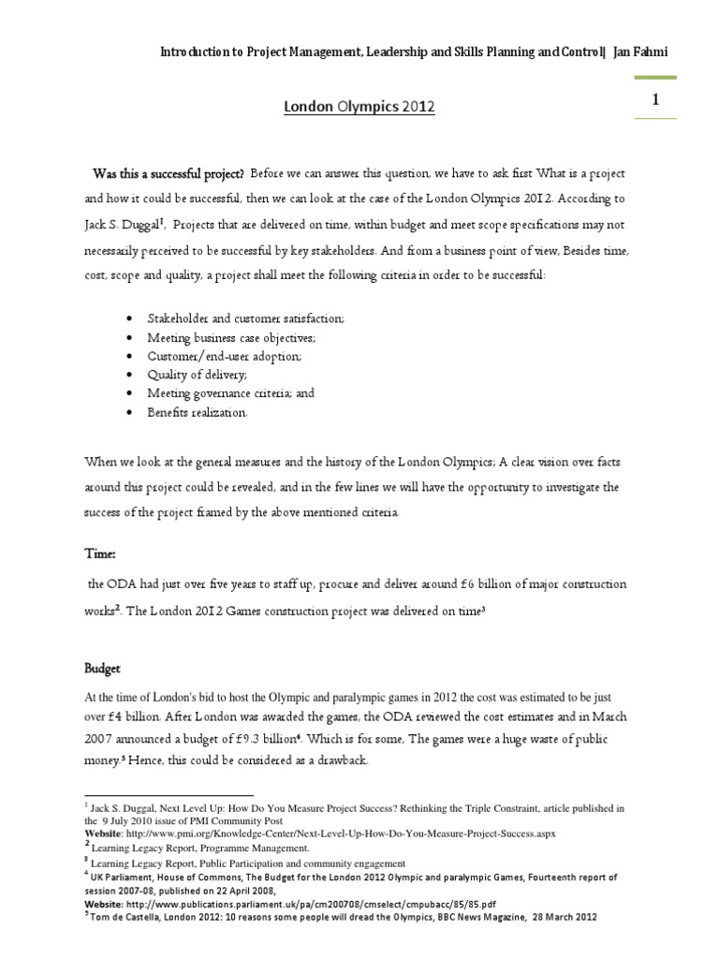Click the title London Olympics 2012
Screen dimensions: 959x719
click(x=359, y=108)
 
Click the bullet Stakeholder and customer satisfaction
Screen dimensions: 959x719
click(x=246, y=318)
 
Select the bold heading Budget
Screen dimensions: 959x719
click(x=105, y=670)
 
